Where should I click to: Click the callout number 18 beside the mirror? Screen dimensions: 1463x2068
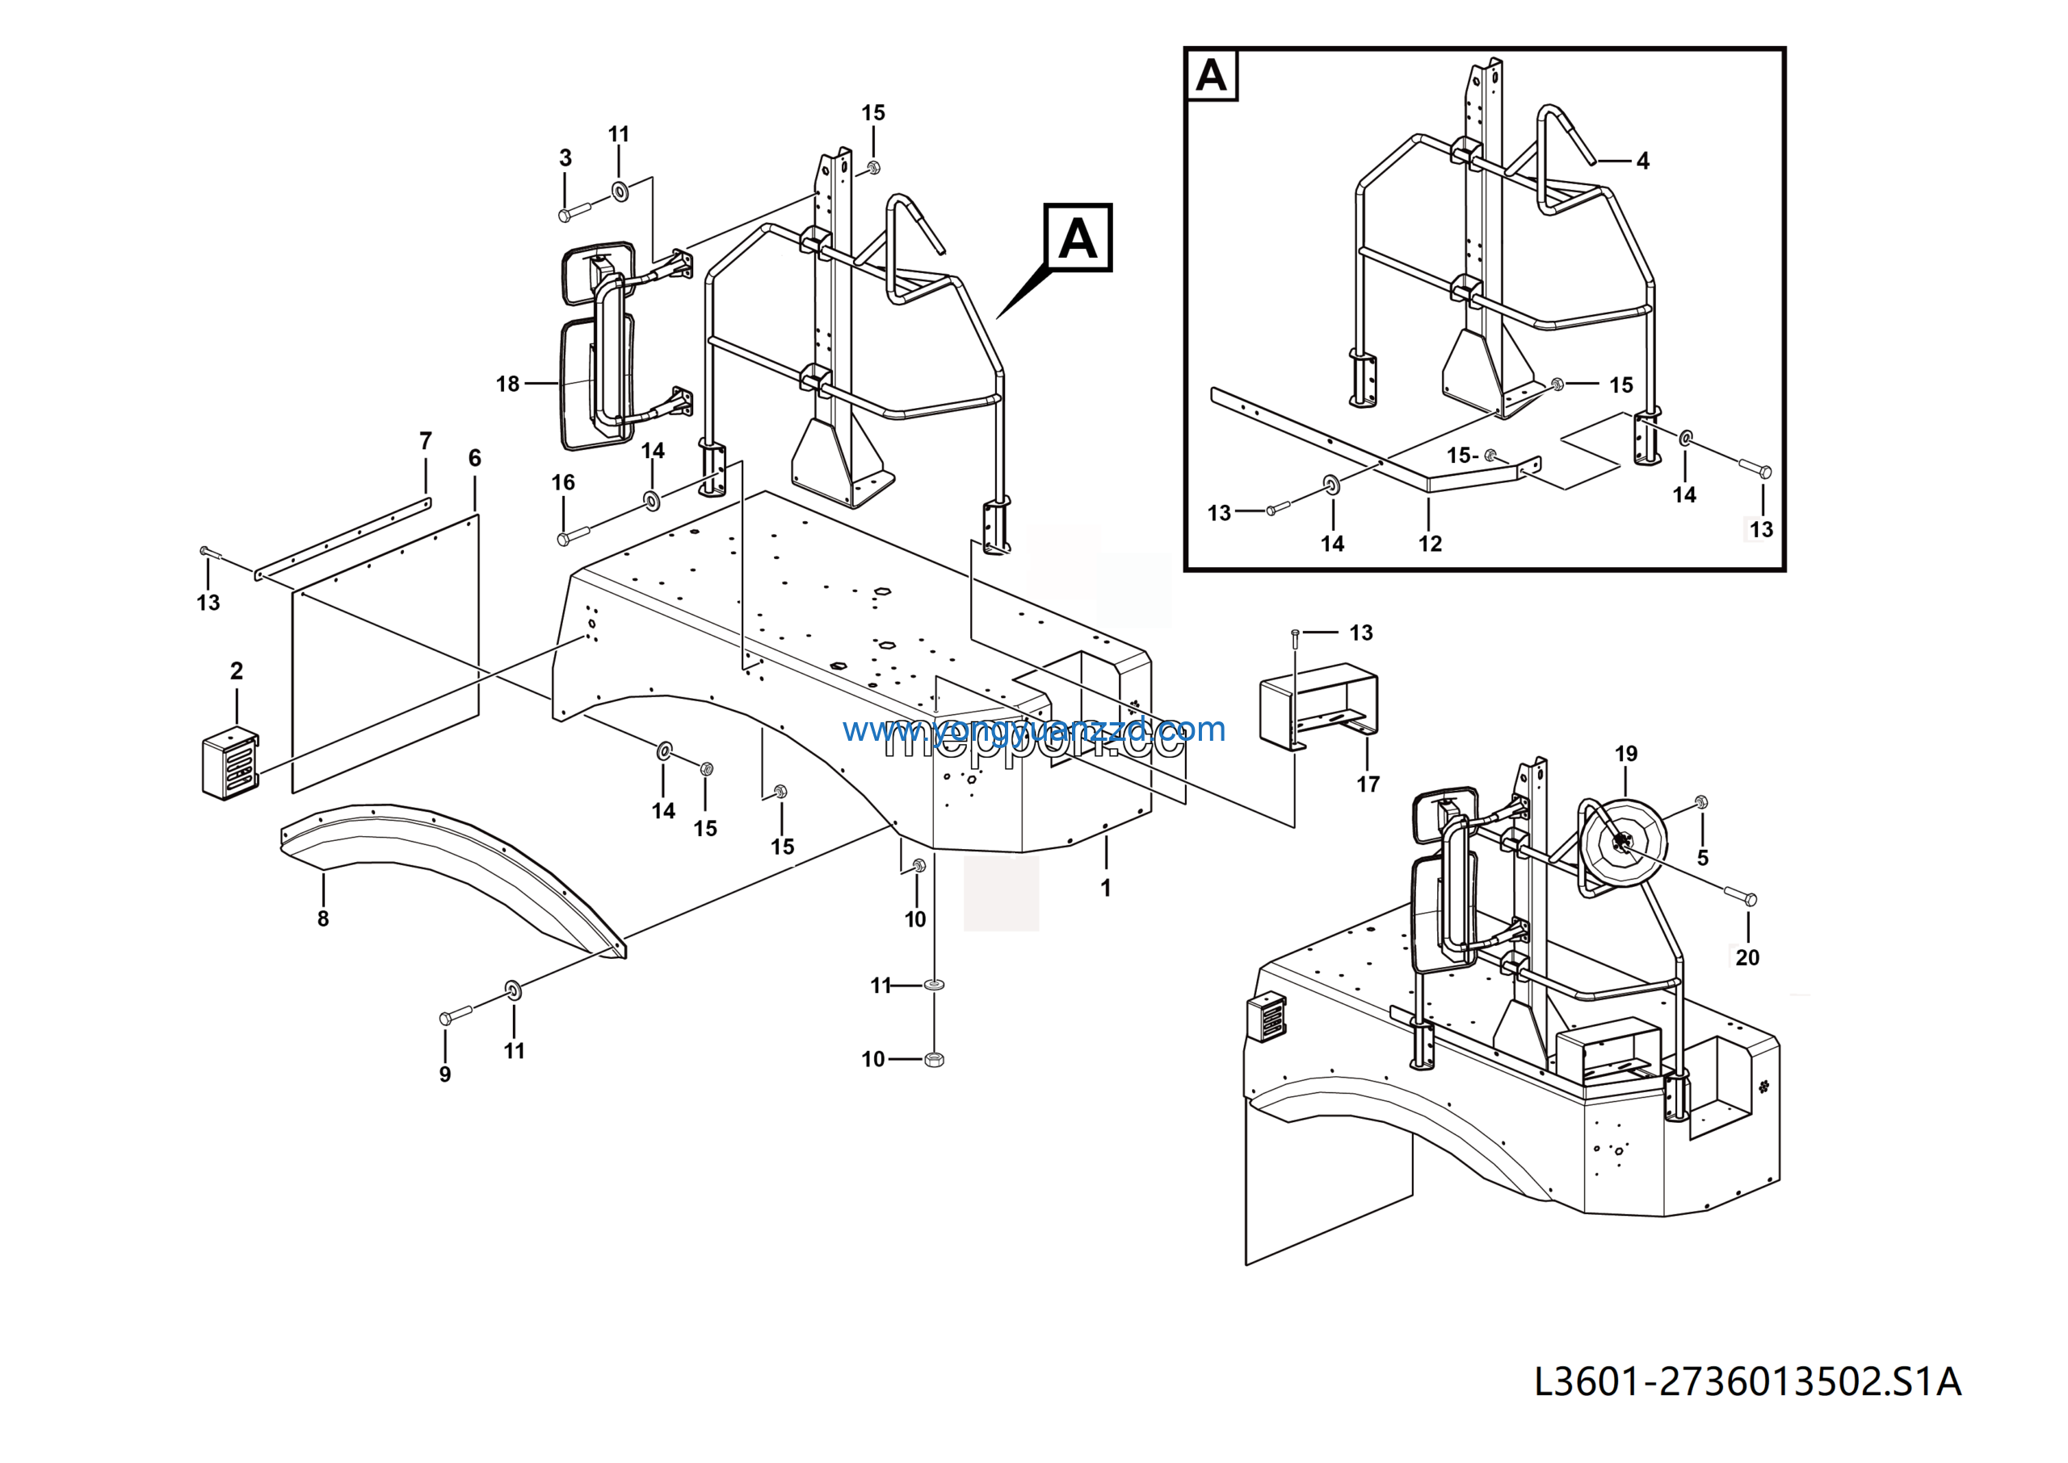[x=507, y=384]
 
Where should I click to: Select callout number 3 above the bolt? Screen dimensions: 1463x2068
[x=565, y=158]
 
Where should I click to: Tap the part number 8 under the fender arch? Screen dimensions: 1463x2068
[x=322, y=919]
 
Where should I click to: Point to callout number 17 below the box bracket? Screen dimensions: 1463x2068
[x=1368, y=784]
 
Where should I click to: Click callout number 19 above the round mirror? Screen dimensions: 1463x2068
[x=1626, y=754]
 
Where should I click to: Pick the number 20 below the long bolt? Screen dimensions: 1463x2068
[x=1747, y=957]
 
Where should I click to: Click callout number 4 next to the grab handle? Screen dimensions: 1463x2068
[x=1643, y=162]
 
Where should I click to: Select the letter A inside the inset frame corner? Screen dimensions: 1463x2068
[x=1212, y=75]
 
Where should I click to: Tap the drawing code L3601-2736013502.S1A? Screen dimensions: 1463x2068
[x=1746, y=1381]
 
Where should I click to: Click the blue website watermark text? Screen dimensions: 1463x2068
[x=1034, y=729]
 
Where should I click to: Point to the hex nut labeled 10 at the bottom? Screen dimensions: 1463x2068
[x=934, y=1059]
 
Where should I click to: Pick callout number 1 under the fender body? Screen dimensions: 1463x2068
[x=1105, y=889]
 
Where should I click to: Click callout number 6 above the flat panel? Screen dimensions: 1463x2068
[x=475, y=459]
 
